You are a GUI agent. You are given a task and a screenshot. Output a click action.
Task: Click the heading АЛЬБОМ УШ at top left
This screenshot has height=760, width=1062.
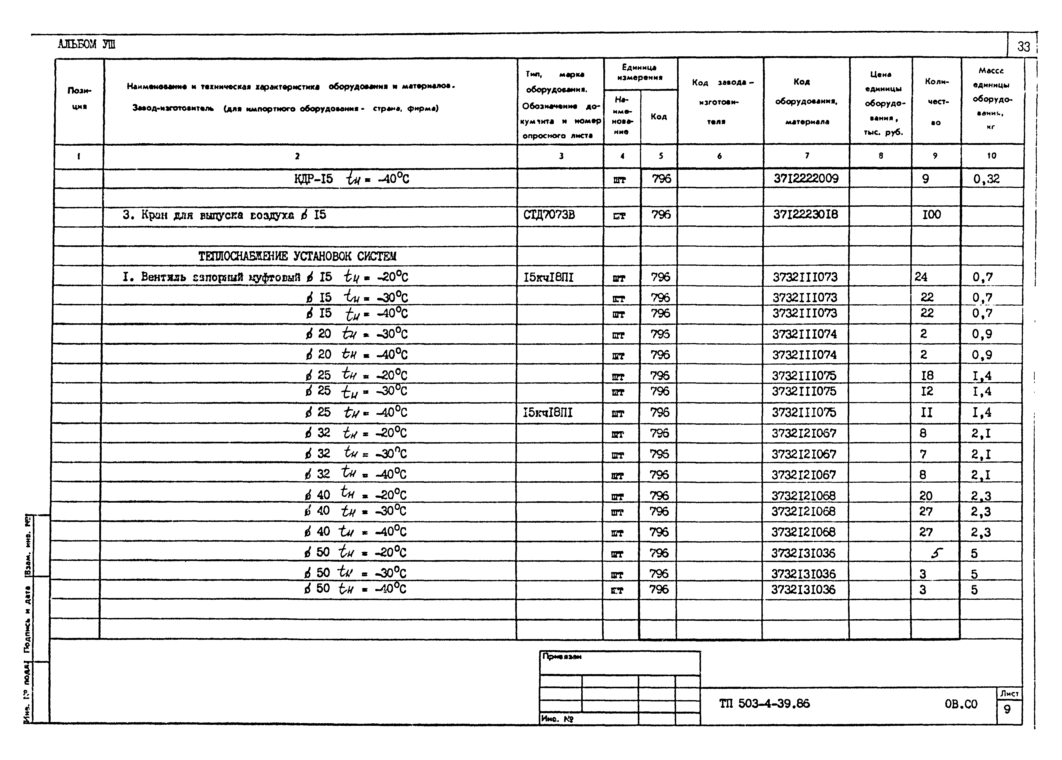point(87,44)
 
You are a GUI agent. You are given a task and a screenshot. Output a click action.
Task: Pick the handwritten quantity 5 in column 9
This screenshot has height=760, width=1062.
point(936,553)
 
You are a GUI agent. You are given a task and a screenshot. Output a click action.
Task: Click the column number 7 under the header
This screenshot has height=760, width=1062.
point(807,156)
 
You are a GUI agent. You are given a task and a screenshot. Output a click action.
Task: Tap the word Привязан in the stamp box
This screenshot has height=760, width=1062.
point(562,657)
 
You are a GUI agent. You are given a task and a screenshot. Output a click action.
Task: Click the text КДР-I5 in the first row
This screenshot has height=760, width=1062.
point(313,179)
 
